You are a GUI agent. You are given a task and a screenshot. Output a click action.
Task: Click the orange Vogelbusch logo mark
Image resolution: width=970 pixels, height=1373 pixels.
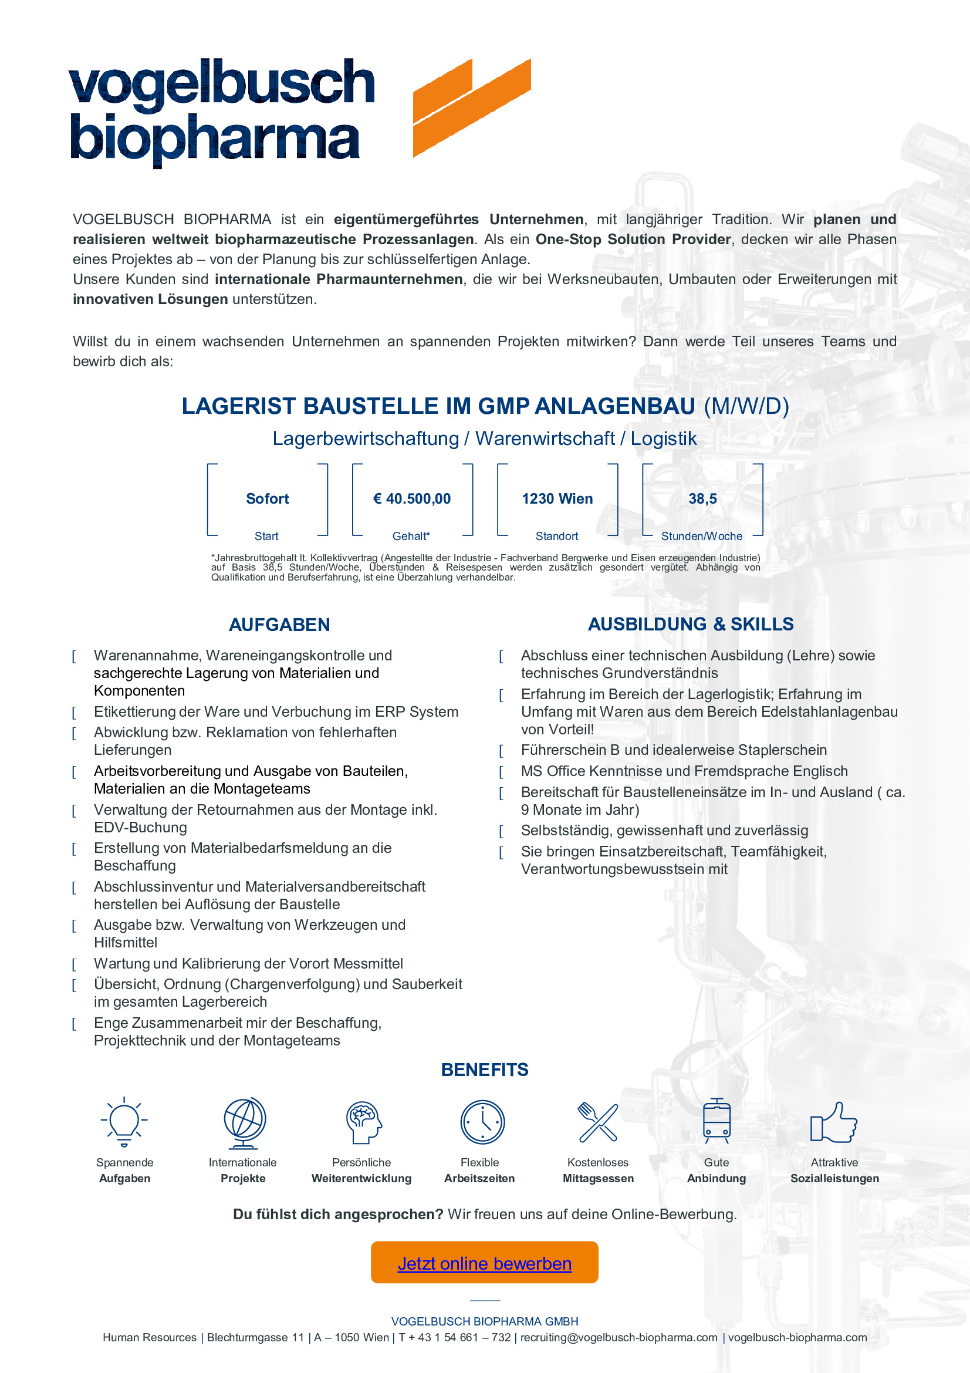[x=472, y=107]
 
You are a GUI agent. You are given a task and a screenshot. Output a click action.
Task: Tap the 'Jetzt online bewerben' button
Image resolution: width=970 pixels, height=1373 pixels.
[x=484, y=1263]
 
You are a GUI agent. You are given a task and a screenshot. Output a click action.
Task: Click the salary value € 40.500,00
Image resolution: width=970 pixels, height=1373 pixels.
[x=412, y=499]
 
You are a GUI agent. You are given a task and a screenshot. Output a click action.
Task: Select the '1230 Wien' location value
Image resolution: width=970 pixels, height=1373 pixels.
[x=557, y=499]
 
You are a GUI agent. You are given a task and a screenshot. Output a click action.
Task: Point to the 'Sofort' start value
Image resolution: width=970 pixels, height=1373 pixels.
[x=267, y=499]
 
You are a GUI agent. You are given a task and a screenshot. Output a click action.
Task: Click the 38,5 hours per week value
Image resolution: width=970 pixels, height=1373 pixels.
[x=702, y=499]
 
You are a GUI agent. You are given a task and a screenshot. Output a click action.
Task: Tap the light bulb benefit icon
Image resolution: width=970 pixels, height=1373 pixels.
[x=124, y=1121]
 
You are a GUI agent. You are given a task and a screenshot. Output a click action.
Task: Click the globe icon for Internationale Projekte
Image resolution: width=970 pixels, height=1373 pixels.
[x=244, y=1122]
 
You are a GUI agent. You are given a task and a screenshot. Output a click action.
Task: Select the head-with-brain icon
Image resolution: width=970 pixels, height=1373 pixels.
[x=363, y=1122]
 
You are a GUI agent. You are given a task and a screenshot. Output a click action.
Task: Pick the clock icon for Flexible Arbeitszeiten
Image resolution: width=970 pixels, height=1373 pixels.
[x=482, y=1122]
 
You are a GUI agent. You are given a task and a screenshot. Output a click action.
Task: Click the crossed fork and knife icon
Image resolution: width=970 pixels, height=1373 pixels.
[x=597, y=1122]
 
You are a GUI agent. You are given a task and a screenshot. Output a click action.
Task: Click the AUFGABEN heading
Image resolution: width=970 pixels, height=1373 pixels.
[x=279, y=625]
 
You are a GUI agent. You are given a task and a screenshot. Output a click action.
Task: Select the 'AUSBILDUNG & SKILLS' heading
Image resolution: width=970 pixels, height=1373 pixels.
[x=690, y=625]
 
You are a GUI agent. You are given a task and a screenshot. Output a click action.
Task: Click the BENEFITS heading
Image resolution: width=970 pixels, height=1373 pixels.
[x=485, y=1070]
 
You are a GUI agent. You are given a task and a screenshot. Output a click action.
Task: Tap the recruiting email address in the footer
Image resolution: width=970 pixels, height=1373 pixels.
[x=618, y=1337]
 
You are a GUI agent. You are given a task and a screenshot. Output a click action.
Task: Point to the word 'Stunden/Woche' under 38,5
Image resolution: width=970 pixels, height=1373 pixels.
[x=702, y=537]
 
